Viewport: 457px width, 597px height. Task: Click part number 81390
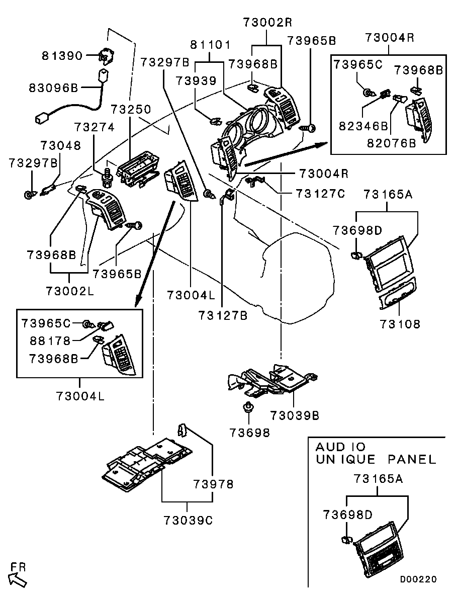click(61, 55)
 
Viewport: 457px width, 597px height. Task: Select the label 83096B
click(55, 88)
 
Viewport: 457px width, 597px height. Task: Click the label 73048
click(60, 145)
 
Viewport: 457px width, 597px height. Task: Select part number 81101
click(210, 45)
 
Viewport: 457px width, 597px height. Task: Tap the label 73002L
click(70, 290)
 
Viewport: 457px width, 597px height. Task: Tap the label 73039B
click(294, 415)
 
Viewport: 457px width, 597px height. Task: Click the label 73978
click(213, 484)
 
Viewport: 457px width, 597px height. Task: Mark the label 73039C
click(188, 520)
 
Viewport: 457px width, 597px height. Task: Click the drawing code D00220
click(418, 579)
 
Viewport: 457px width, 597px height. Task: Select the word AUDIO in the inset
click(340, 447)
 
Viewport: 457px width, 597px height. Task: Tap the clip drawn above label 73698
click(247, 407)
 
